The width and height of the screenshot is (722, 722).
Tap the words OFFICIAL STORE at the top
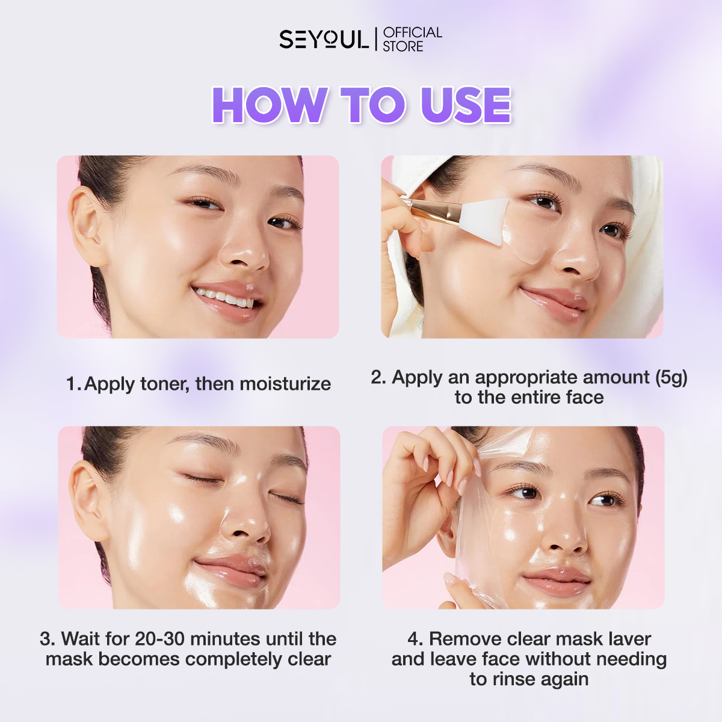point(412,39)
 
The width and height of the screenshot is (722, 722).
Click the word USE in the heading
point(466,105)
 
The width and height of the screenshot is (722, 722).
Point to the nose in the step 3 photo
point(244,523)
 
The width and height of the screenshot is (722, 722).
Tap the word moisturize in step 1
point(285,384)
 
